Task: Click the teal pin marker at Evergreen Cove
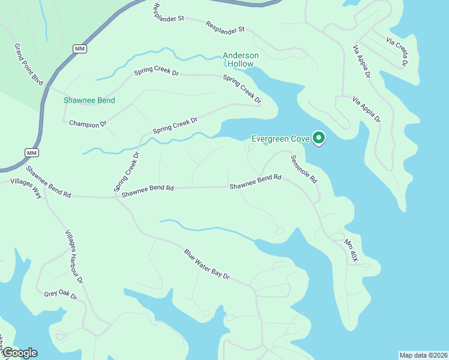tap(319, 139)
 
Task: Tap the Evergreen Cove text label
tap(280, 139)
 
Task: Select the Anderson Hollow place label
tap(241, 59)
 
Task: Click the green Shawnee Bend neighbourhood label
tap(89, 100)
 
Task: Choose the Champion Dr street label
tap(88, 124)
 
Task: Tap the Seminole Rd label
tap(304, 169)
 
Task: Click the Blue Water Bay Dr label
tap(207, 265)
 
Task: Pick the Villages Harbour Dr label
tap(74, 257)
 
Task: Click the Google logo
tap(19, 353)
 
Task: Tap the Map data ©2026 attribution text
tap(423, 355)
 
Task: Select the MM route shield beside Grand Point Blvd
tap(79, 48)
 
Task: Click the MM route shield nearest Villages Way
tap(31, 152)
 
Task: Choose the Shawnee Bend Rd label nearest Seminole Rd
tap(255, 182)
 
